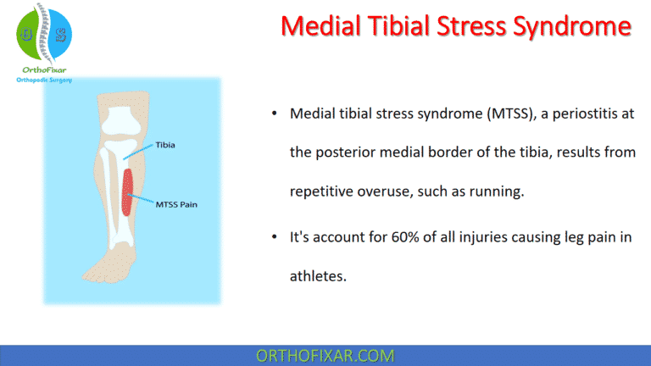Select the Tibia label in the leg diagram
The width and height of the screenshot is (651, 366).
[x=167, y=145]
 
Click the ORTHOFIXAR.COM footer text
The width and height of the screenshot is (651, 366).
[x=325, y=355]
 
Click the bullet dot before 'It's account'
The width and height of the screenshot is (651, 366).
[x=274, y=238]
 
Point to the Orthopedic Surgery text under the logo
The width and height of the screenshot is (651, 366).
[x=44, y=80]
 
